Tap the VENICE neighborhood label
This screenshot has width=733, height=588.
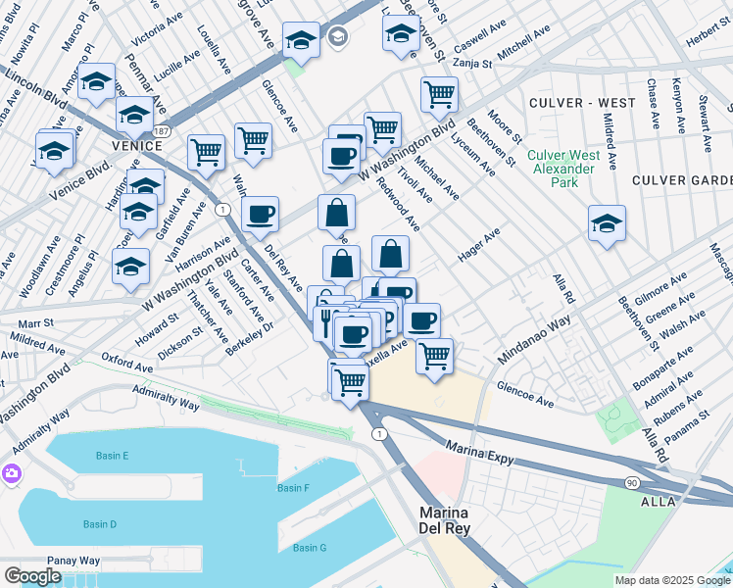click(x=137, y=146)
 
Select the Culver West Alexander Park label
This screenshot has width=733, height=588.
click(x=562, y=162)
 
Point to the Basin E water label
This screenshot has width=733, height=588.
click(x=112, y=456)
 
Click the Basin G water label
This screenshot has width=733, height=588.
click(x=310, y=547)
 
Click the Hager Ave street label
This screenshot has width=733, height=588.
click(x=479, y=242)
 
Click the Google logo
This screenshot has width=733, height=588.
click(x=32, y=576)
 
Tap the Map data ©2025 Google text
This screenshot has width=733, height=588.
click(x=672, y=580)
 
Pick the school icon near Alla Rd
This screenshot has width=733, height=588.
click(x=607, y=222)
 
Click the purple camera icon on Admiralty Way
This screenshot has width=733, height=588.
click(x=12, y=474)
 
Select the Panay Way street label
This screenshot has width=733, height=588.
click(x=77, y=561)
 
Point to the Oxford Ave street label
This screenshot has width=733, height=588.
click(x=127, y=363)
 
